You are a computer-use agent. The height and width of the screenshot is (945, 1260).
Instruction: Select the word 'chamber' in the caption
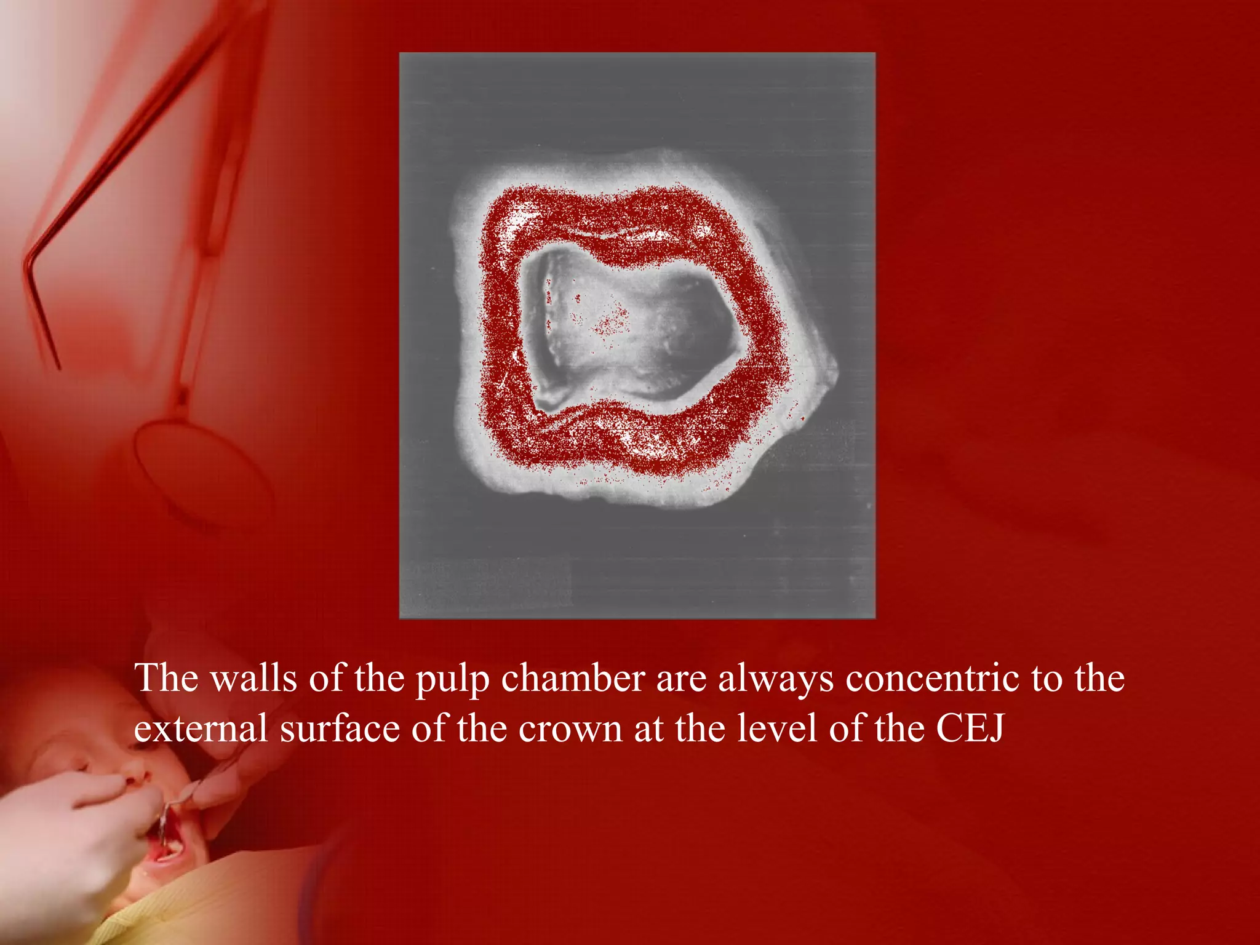(x=573, y=679)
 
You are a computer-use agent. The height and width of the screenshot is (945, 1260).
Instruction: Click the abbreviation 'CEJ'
(x=970, y=729)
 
